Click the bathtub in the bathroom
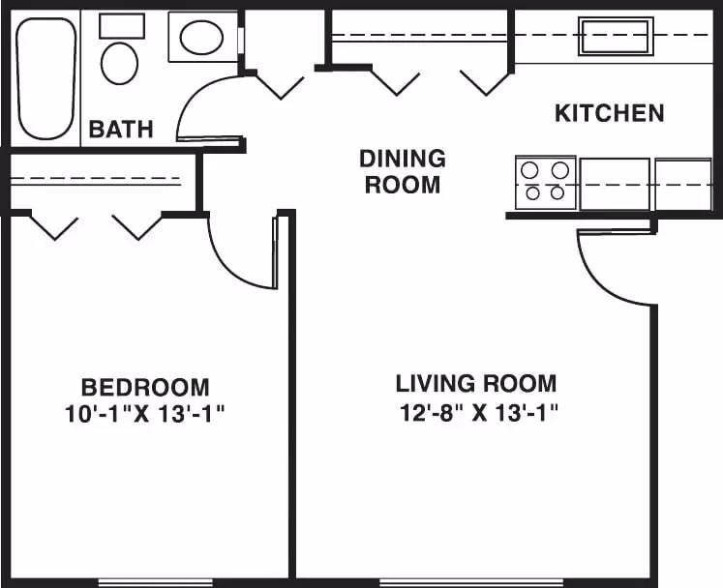coord(46,77)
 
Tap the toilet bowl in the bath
coord(120,63)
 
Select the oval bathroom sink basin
coord(202,39)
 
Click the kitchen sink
coord(616,36)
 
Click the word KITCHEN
coord(609,113)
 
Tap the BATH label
coord(121,129)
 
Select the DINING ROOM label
coord(403,171)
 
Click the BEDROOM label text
coord(145,388)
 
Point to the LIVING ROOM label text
coord(476,383)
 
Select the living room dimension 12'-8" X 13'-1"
coord(479,413)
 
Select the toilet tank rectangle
coord(122,26)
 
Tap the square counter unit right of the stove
coord(682,184)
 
